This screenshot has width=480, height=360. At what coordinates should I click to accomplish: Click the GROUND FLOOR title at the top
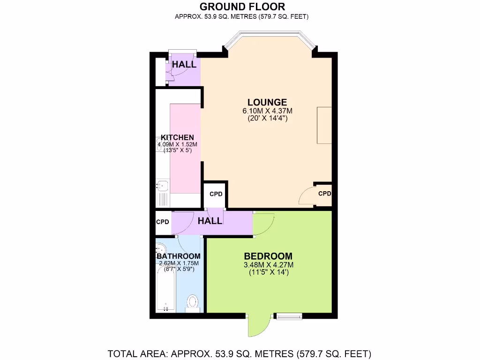click(x=242, y=7)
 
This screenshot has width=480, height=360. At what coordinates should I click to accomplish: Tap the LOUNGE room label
click(x=267, y=102)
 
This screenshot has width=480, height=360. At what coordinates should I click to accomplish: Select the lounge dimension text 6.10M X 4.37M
click(x=267, y=111)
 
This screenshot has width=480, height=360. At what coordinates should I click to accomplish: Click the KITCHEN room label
click(x=177, y=137)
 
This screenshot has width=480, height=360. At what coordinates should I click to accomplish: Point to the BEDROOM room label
click(x=268, y=256)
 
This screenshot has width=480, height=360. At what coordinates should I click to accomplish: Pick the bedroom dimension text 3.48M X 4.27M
click(x=268, y=265)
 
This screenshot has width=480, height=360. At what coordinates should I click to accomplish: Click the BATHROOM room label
click(x=179, y=256)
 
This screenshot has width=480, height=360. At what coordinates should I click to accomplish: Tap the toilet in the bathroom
click(x=193, y=302)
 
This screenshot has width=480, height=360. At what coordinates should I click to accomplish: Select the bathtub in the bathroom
click(x=165, y=291)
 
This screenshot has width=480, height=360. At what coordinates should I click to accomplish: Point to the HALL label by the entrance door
click(x=184, y=64)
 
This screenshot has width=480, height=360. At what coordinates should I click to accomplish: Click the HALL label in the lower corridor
click(x=210, y=221)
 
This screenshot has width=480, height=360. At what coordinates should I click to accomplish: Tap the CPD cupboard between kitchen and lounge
click(x=216, y=194)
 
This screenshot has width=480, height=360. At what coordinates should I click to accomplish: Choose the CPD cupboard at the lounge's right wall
click(x=324, y=194)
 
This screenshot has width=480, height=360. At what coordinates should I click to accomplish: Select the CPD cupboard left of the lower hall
click(x=163, y=222)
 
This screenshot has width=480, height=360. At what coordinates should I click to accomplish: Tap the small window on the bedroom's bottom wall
click(x=288, y=317)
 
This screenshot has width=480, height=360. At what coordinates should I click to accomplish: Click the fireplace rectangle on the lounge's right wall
click(x=324, y=125)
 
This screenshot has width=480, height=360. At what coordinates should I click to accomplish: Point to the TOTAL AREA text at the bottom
click(x=240, y=353)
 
